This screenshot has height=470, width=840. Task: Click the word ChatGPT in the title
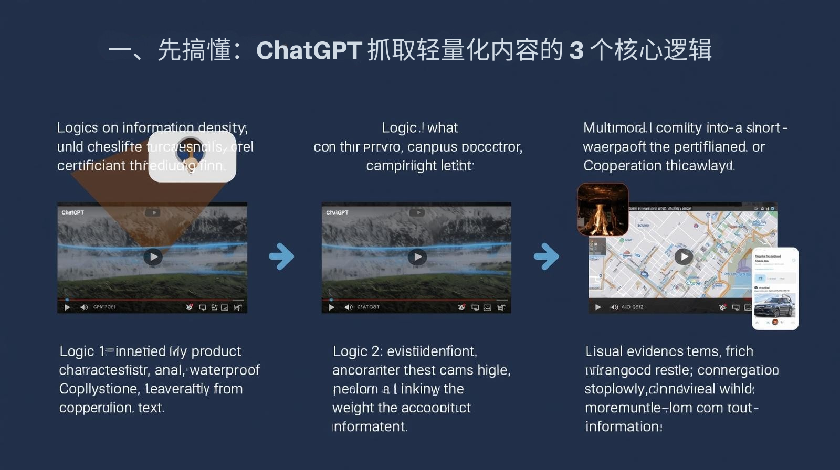[x=309, y=51]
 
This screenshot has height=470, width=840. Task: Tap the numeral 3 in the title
[x=576, y=51]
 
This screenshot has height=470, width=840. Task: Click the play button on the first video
[x=153, y=257]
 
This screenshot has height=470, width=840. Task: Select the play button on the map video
[x=683, y=257]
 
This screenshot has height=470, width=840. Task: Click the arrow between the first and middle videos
[x=282, y=257]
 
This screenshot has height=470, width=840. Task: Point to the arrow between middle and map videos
[x=547, y=257]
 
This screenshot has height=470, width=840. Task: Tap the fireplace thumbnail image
[x=603, y=209]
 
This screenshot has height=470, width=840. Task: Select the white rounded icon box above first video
[x=192, y=156]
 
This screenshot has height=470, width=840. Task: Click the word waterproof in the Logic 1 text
[x=225, y=370]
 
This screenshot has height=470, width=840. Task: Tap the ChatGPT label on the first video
[x=72, y=212]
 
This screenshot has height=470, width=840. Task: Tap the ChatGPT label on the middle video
[x=337, y=212]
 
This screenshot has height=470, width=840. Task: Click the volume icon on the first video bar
[x=84, y=307]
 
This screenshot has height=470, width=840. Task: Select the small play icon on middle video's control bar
[x=331, y=307]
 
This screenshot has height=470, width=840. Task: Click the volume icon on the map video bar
[x=614, y=307]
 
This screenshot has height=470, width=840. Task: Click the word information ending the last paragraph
[x=623, y=427]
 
